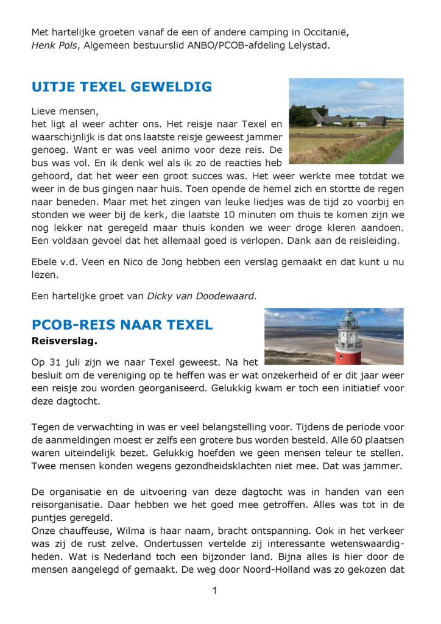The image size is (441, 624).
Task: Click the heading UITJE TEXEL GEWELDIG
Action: pyautogui.click(x=122, y=87)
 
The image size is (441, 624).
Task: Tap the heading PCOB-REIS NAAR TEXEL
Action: pyautogui.click(x=122, y=325)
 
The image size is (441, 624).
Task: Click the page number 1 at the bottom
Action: pyautogui.click(x=215, y=590)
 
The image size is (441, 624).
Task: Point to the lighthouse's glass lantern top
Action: pyautogui.click(x=348, y=321)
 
